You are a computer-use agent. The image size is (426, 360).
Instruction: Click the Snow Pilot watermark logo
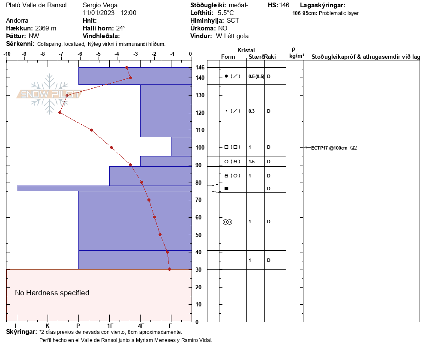[49, 94]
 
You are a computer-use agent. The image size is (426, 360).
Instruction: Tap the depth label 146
[200, 67]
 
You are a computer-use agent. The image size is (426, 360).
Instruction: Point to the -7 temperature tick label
[61, 54]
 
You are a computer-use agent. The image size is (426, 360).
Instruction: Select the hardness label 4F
[141, 326]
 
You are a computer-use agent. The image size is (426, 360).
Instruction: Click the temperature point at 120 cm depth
[60, 112]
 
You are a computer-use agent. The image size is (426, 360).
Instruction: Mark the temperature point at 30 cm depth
[170, 269]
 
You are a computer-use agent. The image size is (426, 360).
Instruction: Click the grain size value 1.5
[252, 162]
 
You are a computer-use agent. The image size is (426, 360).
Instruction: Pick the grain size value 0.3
[252, 111]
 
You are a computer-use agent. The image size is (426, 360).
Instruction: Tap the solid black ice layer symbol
[226, 189]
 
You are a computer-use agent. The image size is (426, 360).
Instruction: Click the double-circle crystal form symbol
[228, 222]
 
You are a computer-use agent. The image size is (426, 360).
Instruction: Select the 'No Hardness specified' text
[52, 293]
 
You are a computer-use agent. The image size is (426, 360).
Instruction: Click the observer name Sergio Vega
[100, 5]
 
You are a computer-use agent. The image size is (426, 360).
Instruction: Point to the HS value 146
[284, 5]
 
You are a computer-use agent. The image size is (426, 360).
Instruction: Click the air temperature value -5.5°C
[225, 13]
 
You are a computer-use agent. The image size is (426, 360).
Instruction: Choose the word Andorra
[17, 21]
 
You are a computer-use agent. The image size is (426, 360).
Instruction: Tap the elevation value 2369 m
[45, 28]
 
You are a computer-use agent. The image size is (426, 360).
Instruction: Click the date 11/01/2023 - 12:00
[110, 13]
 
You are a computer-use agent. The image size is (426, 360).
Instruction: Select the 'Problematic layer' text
[339, 13]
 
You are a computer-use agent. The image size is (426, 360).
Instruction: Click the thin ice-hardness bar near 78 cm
[104, 188]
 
